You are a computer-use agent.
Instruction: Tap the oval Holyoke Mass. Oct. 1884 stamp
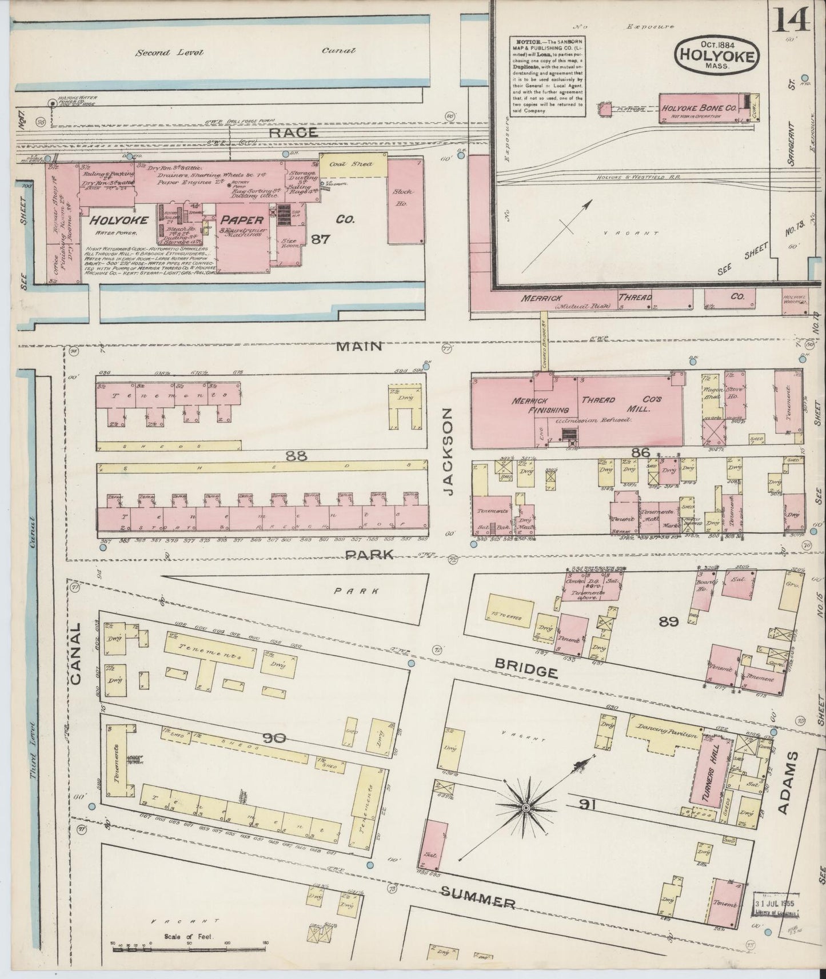click(x=717, y=55)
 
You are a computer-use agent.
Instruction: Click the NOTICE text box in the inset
click(x=548, y=77)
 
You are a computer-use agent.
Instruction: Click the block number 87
click(x=320, y=239)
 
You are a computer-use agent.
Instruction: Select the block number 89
click(x=668, y=621)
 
